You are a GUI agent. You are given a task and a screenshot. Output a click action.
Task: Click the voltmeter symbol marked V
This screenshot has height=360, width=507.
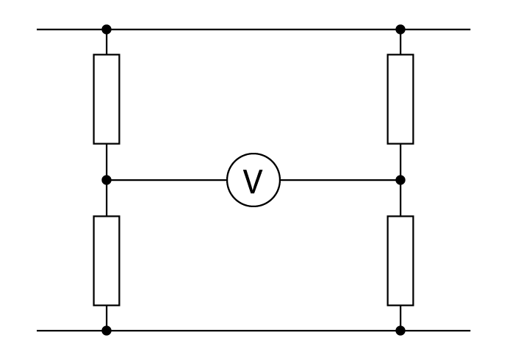pos(253,180)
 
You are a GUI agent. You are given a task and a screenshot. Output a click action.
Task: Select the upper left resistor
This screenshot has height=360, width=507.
pos(107,99)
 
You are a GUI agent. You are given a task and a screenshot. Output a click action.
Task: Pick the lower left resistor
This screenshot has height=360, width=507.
pos(107,261)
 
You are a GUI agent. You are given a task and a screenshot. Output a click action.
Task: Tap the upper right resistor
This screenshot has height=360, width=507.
pos(400,99)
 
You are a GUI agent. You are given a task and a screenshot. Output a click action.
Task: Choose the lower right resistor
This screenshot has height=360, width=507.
pos(400,261)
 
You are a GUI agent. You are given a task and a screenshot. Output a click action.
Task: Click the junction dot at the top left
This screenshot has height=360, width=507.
pos(107,29)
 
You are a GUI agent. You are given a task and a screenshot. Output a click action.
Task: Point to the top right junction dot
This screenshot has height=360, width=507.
pos(400,29)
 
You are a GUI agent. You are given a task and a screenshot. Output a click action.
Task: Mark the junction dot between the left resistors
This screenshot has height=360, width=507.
pos(107,180)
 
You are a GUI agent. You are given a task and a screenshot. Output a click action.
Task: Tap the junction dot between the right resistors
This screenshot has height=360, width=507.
pos(400,180)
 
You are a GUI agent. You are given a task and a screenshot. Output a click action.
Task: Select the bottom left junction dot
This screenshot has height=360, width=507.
pos(107,331)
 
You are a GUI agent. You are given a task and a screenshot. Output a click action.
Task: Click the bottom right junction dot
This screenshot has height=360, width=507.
pos(400,331)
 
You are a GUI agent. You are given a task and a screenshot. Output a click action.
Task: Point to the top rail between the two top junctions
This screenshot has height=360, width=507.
pos(253,29)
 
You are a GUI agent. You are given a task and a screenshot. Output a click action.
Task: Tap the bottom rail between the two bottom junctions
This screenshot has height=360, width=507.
pos(253,331)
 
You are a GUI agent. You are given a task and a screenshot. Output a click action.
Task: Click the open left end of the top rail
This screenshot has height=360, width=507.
pos(38,29)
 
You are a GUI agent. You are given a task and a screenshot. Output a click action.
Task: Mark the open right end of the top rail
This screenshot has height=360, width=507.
pos(469,29)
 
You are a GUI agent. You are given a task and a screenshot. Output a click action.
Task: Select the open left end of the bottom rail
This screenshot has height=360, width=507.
pos(38,331)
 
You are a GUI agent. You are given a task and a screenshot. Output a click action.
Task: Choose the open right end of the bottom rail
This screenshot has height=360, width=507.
pos(469,331)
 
